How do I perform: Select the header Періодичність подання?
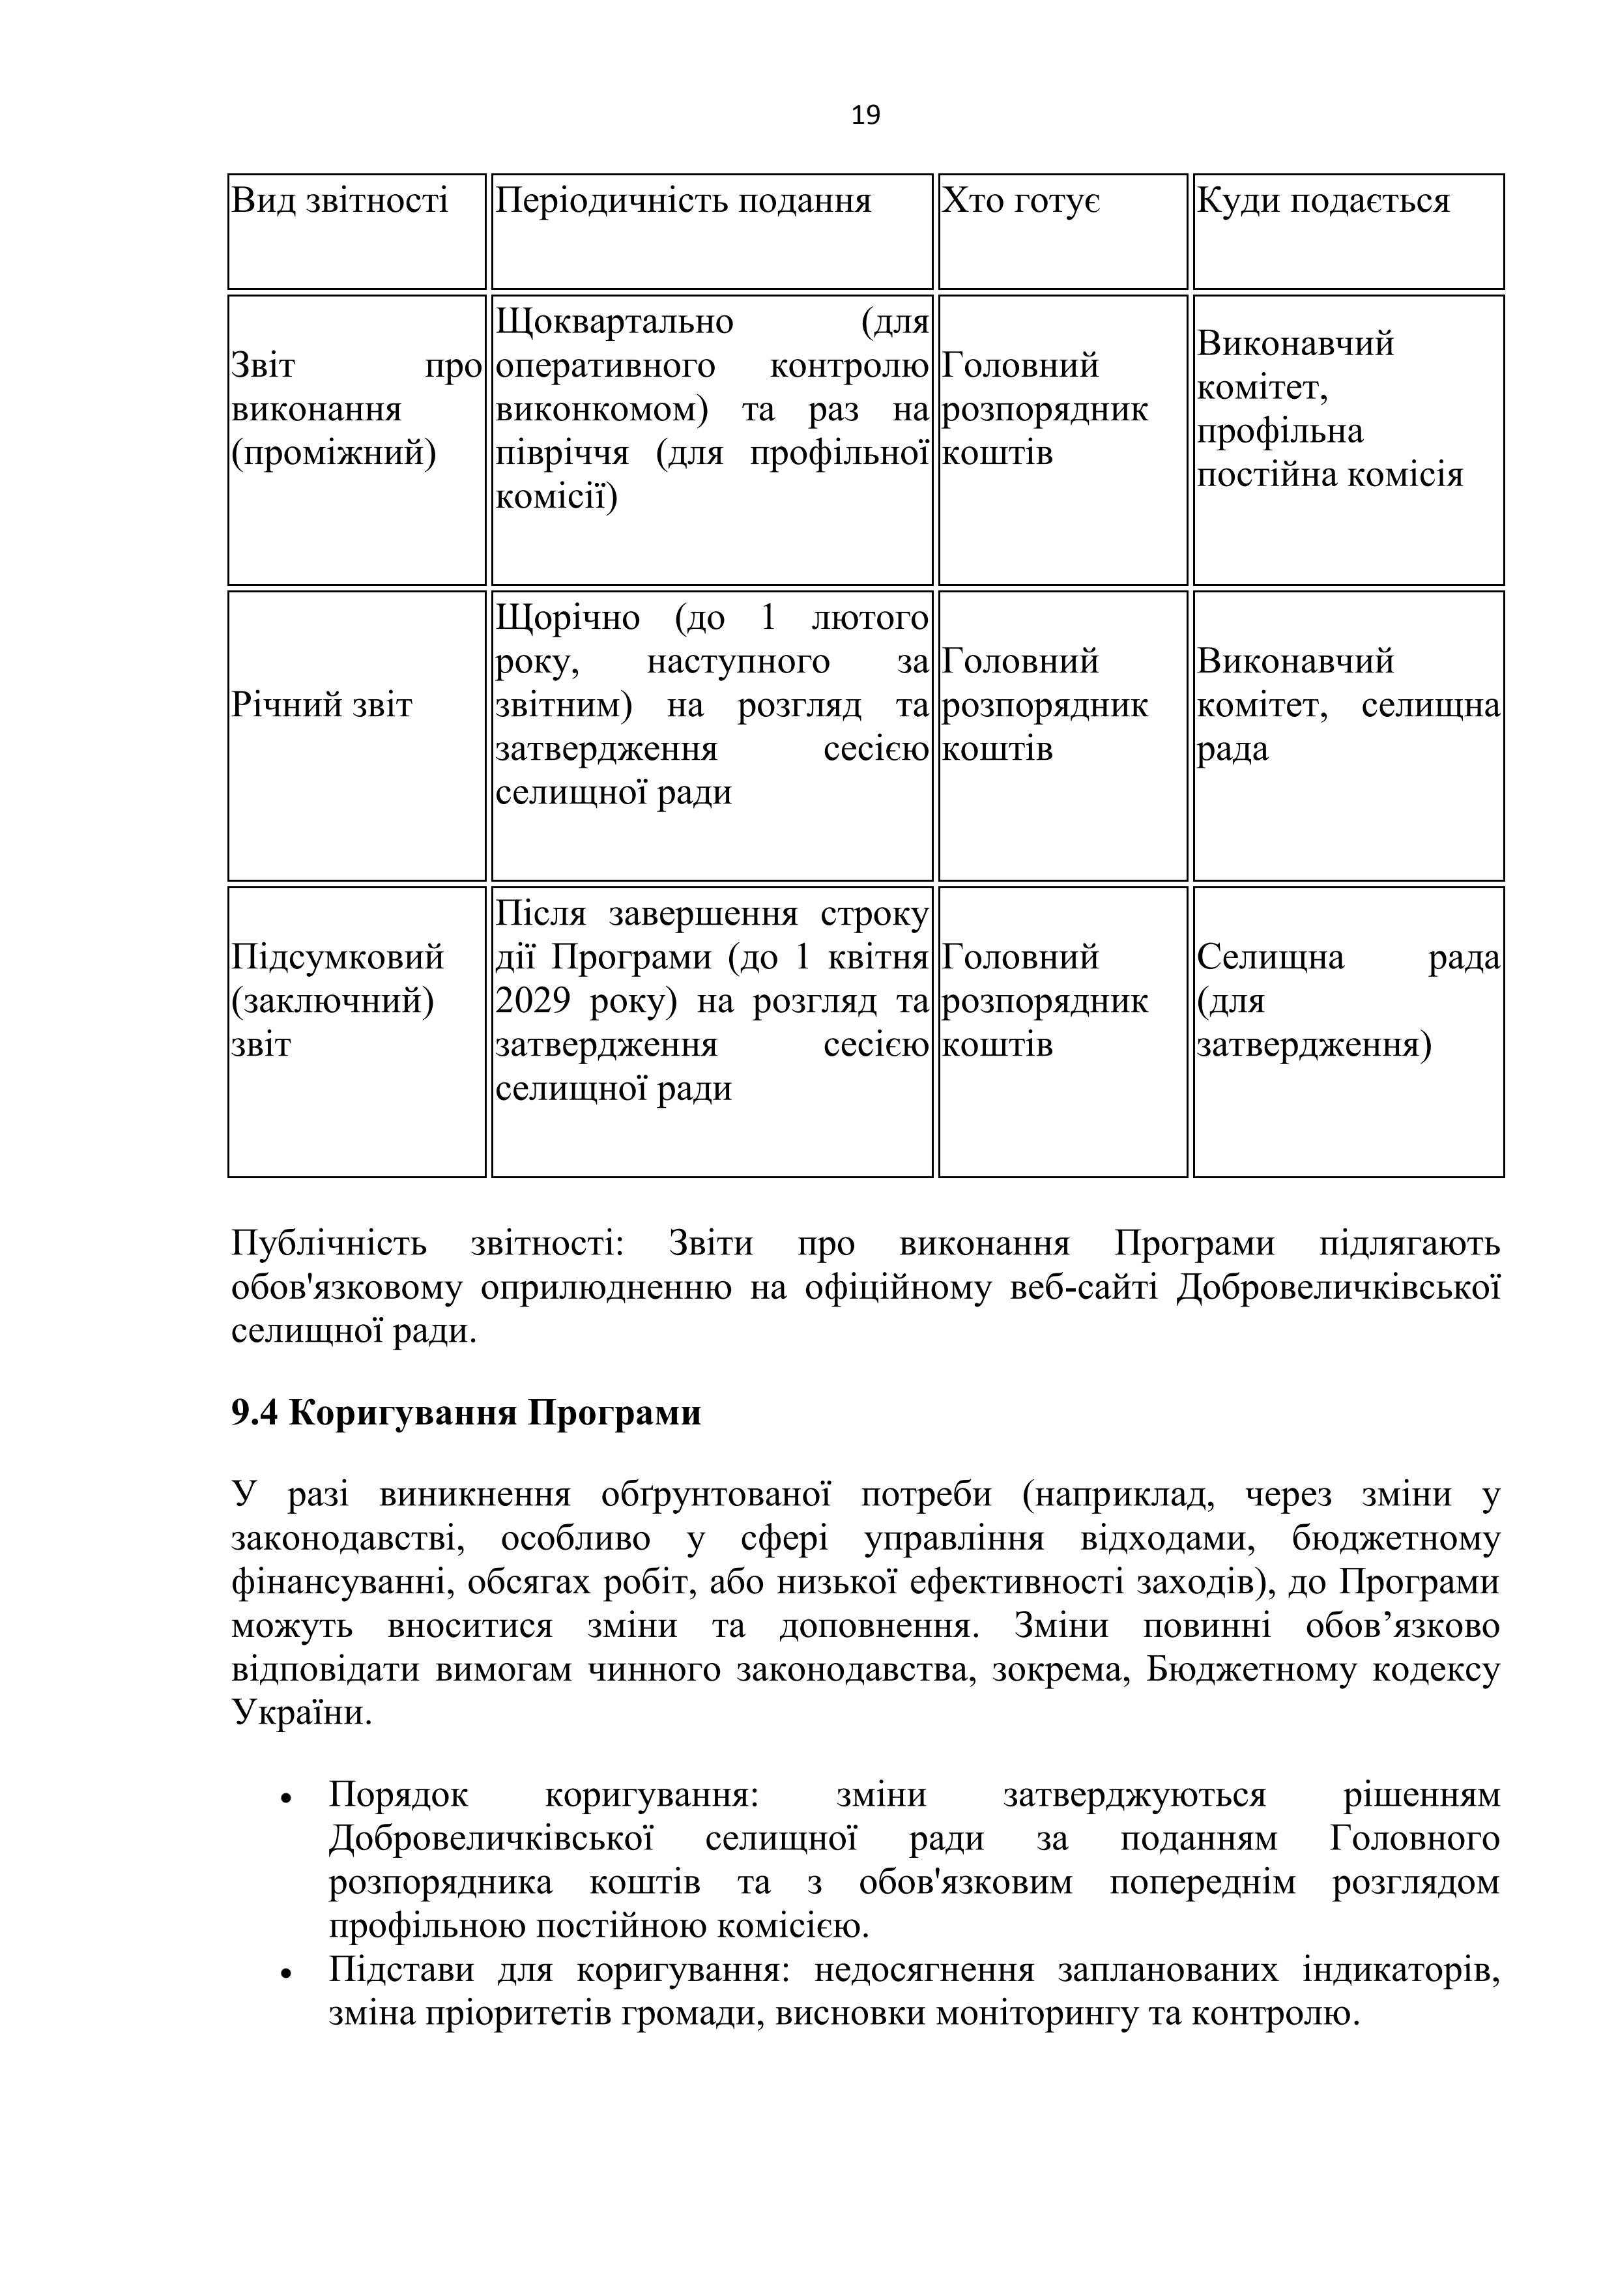click(683, 201)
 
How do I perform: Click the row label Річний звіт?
click(322, 705)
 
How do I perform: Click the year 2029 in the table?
click(532, 1001)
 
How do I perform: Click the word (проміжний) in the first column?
click(334, 453)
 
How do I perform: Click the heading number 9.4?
click(254, 1413)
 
